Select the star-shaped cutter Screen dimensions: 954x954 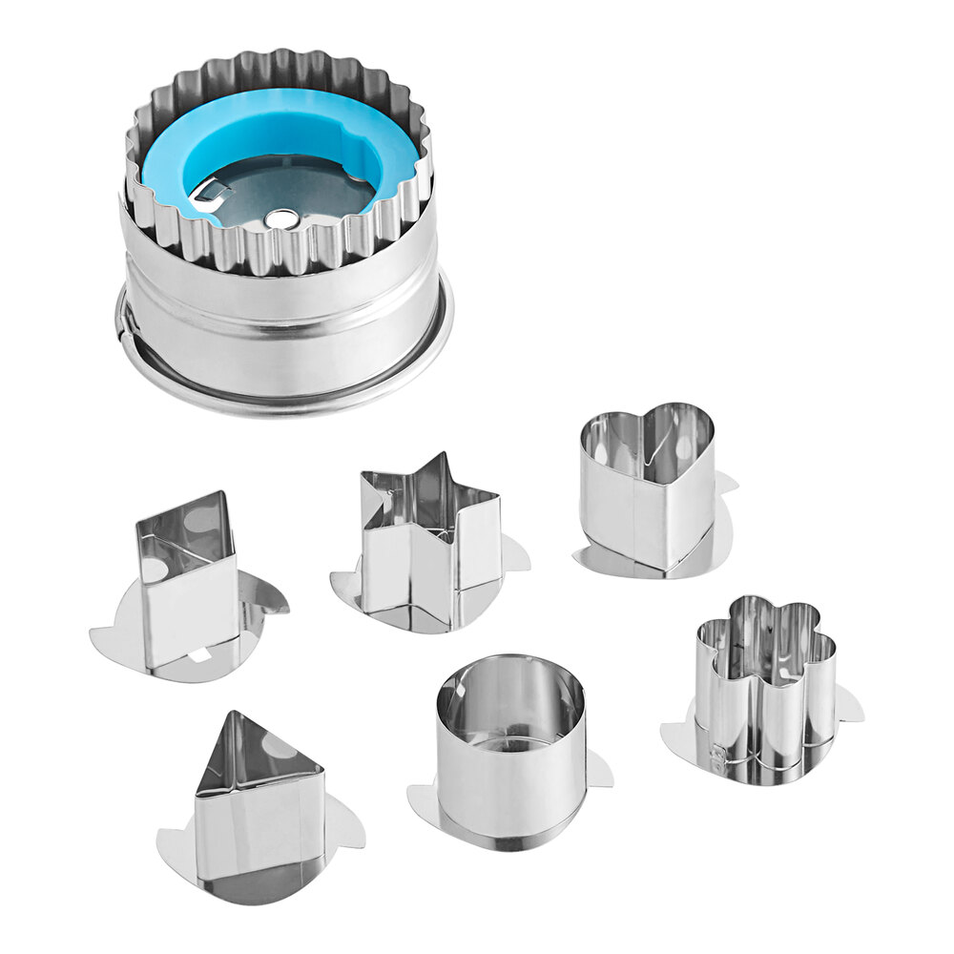click(431, 544)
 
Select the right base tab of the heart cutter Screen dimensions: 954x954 click(726, 486)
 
